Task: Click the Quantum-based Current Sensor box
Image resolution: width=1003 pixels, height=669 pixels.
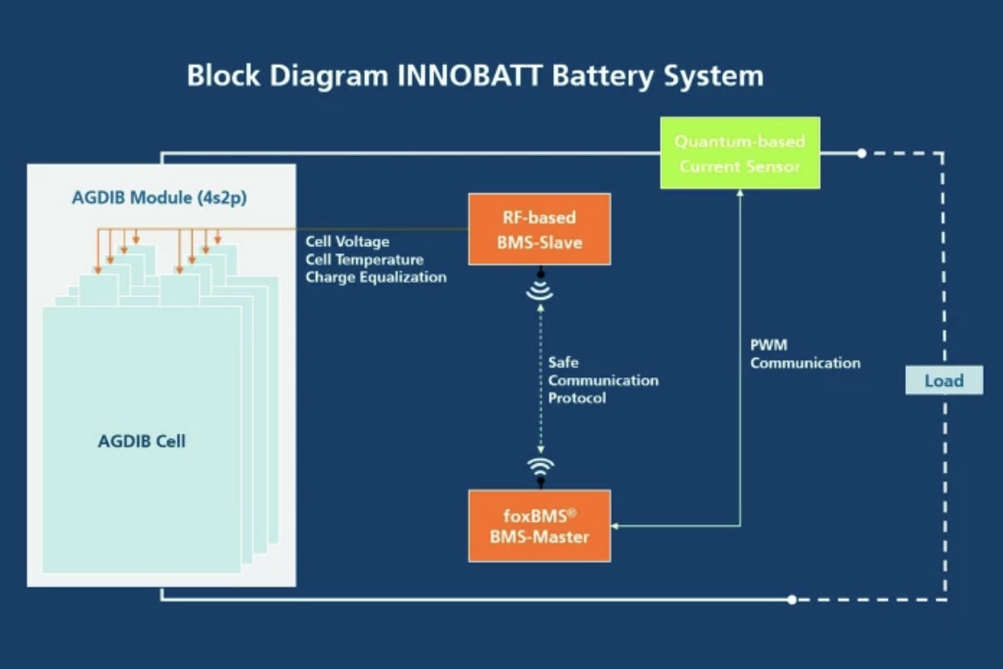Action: click(x=740, y=153)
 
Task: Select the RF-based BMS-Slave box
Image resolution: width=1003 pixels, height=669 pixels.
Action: click(x=539, y=229)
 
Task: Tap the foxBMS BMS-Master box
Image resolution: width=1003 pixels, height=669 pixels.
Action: click(x=539, y=525)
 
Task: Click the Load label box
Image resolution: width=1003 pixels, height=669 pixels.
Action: click(x=943, y=381)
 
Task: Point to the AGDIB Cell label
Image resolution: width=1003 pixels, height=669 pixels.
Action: click(x=142, y=441)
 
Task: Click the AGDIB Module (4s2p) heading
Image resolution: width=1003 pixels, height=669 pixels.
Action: click(x=159, y=198)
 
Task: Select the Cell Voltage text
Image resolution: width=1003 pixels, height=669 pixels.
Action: click(x=347, y=242)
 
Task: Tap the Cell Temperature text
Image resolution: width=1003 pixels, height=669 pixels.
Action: click(x=364, y=259)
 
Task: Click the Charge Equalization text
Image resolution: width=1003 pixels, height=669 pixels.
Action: click(x=375, y=277)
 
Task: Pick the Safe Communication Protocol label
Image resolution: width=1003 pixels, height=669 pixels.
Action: click(x=603, y=380)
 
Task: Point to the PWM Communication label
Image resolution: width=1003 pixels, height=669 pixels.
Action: click(x=804, y=355)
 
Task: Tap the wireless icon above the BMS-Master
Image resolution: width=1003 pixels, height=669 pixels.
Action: click(x=540, y=467)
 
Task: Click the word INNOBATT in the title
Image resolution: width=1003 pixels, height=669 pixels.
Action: click(x=471, y=75)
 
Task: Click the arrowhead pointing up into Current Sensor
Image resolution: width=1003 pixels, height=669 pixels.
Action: click(x=740, y=194)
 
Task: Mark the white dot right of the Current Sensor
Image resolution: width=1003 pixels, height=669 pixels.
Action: click(x=861, y=153)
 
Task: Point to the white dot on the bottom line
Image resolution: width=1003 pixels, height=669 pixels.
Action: click(x=791, y=600)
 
